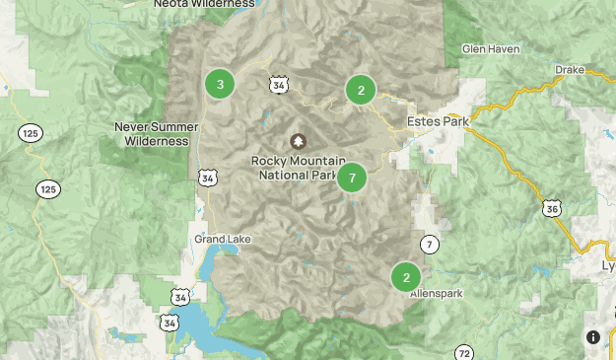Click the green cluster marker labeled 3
click(220, 84)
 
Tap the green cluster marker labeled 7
click(352, 179)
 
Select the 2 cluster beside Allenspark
click(406, 277)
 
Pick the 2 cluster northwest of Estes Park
click(361, 90)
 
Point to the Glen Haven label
click(490, 48)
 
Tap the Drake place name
click(570, 70)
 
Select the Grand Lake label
click(217, 240)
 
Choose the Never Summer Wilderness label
click(151, 133)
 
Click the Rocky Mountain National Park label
click(298, 168)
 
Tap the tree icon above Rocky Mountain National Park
click(298, 142)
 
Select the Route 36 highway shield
click(552, 208)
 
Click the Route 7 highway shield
click(430, 244)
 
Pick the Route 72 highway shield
click(465, 352)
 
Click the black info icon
click(593, 337)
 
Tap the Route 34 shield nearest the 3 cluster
click(280, 86)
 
